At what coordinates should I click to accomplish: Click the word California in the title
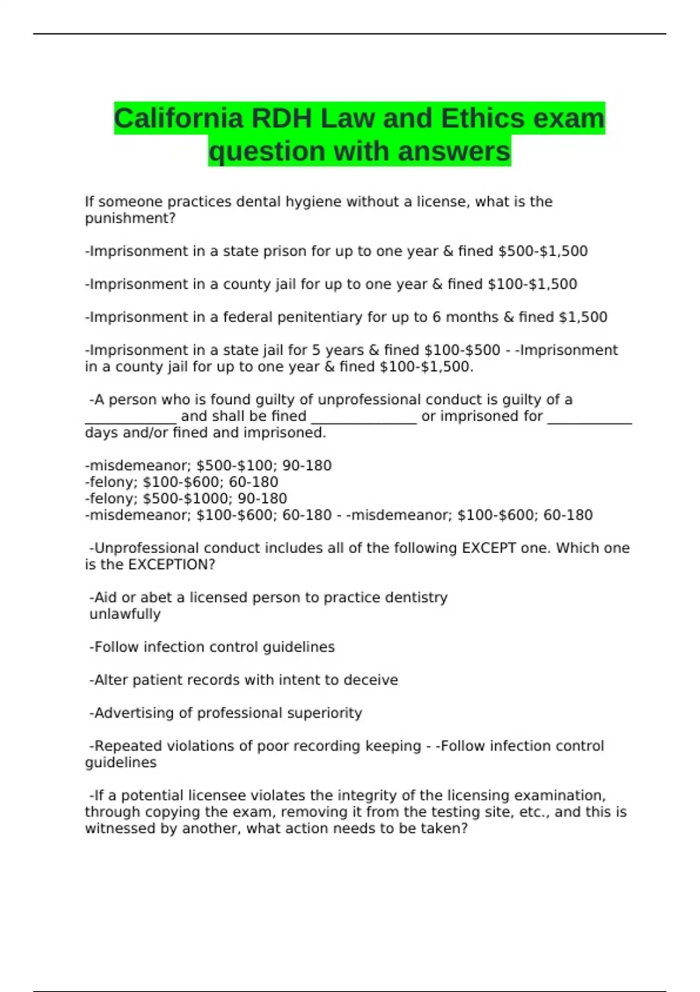(x=178, y=118)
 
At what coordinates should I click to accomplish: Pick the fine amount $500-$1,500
(x=542, y=252)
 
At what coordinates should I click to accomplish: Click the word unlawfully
(x=125, y=614)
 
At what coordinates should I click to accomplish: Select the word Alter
(x=111, y=680)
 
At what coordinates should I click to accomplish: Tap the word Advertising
(x=143, y=713)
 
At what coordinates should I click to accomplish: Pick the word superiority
(x=327, y=713)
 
